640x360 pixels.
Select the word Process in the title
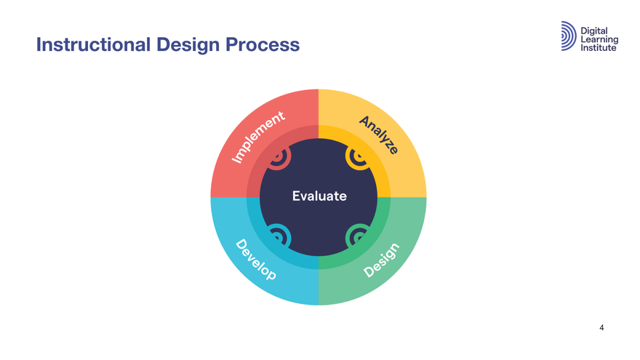coord(261,45)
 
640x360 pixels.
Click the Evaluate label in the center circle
coord(319,196)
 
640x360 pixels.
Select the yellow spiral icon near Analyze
coord(358,158)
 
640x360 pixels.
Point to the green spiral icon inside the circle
coord(358,235)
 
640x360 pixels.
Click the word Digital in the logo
coord(595,28)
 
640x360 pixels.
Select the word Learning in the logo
coord(599,38)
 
